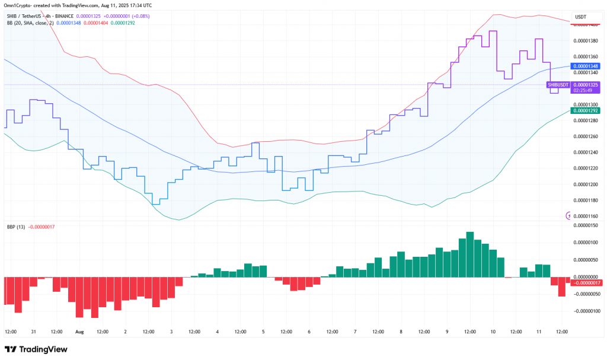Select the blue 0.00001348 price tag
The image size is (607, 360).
(585, 66)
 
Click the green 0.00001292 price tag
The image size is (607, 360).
(585, 110)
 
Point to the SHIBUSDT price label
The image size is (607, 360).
(557, 85)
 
